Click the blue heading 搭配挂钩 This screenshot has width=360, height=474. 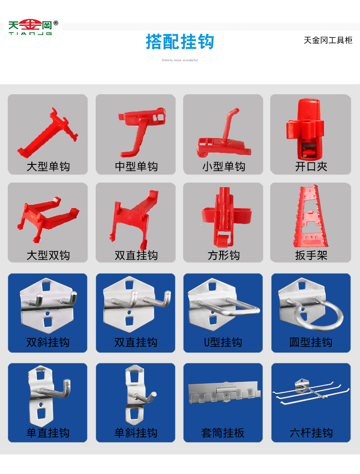pos(180,42)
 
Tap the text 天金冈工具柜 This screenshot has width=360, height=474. pos(328,41)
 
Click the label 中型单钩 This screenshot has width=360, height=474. pos(136,167)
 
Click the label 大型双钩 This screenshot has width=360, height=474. pos(48,255)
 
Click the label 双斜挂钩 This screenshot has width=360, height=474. pos(48,342)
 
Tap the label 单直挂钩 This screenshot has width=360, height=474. pos(48,433)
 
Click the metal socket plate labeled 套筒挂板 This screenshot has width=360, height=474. pos(223,394)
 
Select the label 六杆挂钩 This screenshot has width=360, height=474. pos(311,433)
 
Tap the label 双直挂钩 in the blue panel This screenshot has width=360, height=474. pos(136,342)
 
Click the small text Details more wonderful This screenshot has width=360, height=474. pos(180,60)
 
